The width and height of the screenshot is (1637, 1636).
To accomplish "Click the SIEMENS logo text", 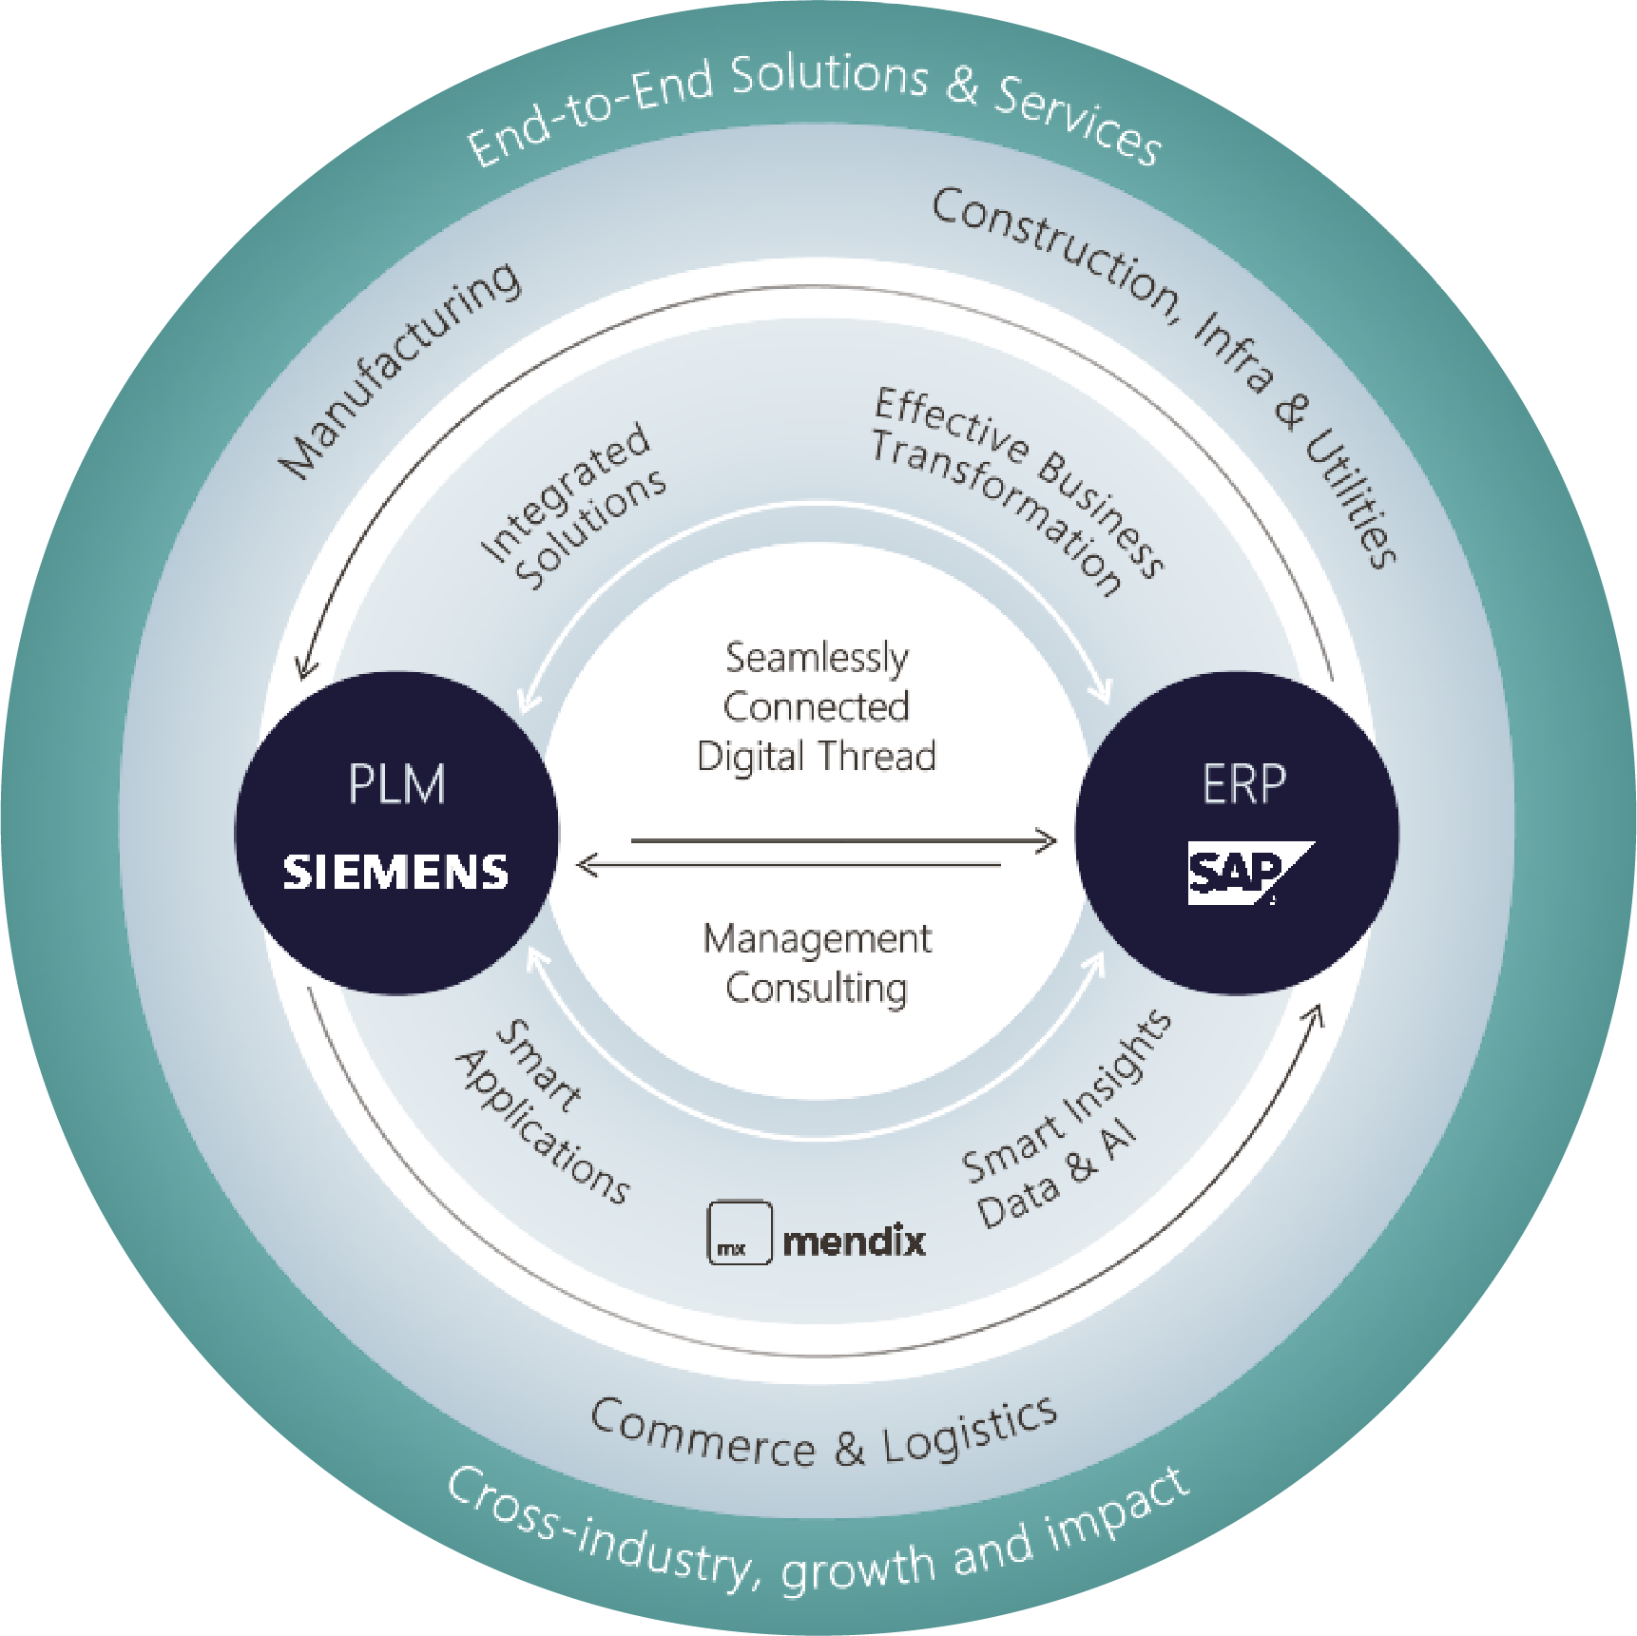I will pos(395,872).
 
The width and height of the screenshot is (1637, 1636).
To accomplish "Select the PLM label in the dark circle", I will pos(396,785).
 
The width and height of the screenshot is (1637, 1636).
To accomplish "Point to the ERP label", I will pos(1243,785).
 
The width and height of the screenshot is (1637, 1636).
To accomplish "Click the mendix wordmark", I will pos(854,1241).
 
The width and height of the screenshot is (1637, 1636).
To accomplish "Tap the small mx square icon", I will pos(739,1233).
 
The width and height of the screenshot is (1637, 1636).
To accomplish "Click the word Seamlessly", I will pos(817,658).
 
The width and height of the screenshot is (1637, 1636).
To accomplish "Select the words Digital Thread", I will pos(817,757).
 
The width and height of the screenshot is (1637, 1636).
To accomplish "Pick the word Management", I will pos(817,939).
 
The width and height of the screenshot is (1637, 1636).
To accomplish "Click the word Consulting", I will pos(817,988).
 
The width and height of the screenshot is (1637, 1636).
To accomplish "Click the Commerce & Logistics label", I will pos(823,1436).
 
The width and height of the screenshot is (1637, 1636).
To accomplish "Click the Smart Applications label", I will pos(542,1111).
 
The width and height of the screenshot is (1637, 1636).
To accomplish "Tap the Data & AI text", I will pos(1056,1180).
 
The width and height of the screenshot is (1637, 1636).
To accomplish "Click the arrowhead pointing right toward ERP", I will pos(1047,840).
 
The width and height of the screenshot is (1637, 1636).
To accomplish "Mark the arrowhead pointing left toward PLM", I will pos(587,865).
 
